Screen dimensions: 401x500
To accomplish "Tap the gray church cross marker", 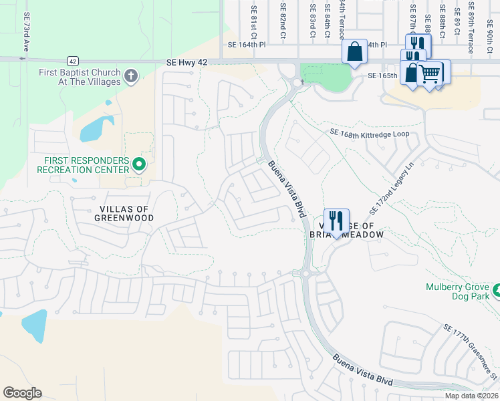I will click(131, 76).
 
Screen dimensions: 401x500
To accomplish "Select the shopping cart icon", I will click(431, 74).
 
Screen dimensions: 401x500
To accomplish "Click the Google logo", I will click(22, 393).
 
